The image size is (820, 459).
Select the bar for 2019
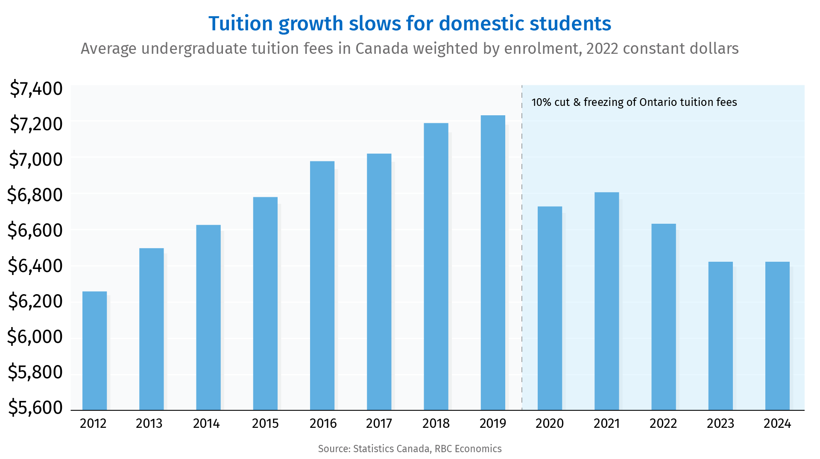[493, 263]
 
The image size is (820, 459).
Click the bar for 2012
[94, 351]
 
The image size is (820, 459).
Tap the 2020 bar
[550, 308]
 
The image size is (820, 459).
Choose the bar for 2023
[720, 336]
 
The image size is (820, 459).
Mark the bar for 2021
[606, 301]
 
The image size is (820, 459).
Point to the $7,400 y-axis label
[36, 89]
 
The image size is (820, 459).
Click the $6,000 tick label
[35, 337]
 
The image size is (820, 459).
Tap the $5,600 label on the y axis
[35, 408]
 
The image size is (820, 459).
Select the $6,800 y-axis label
[35, 195]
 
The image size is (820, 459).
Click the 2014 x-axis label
[206, 424]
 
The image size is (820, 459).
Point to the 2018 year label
[436, 424]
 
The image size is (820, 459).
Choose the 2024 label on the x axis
[777, 424]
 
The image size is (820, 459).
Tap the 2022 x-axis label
[663, 424]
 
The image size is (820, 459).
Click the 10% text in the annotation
[541, 102]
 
